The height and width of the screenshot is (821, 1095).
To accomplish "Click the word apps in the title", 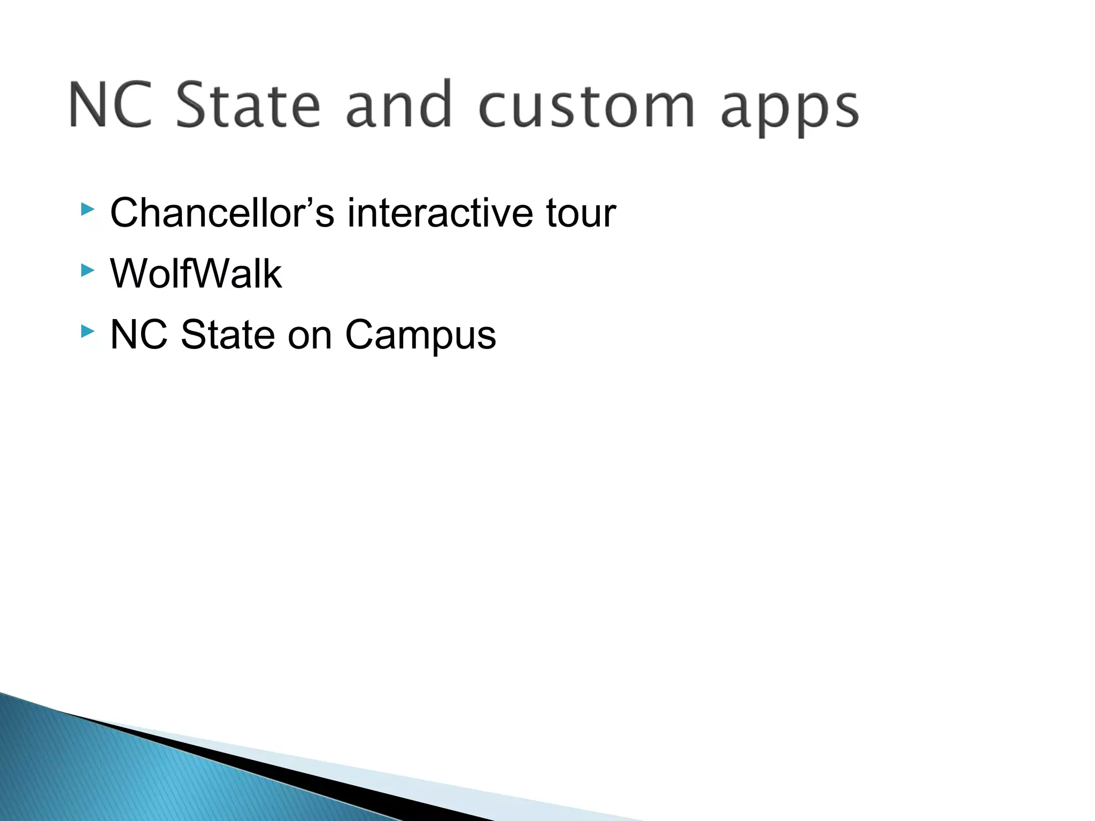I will point(789,109).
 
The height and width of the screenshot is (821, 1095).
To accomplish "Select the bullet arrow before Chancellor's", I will point(88,210).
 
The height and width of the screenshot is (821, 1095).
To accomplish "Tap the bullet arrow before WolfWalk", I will point(88,270).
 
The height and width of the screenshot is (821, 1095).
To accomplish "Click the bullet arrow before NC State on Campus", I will point(88,332).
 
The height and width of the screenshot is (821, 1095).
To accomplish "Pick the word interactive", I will point(440,213).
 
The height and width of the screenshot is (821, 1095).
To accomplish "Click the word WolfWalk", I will point(196,274).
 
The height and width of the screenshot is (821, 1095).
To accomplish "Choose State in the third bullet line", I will point(228,335).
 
